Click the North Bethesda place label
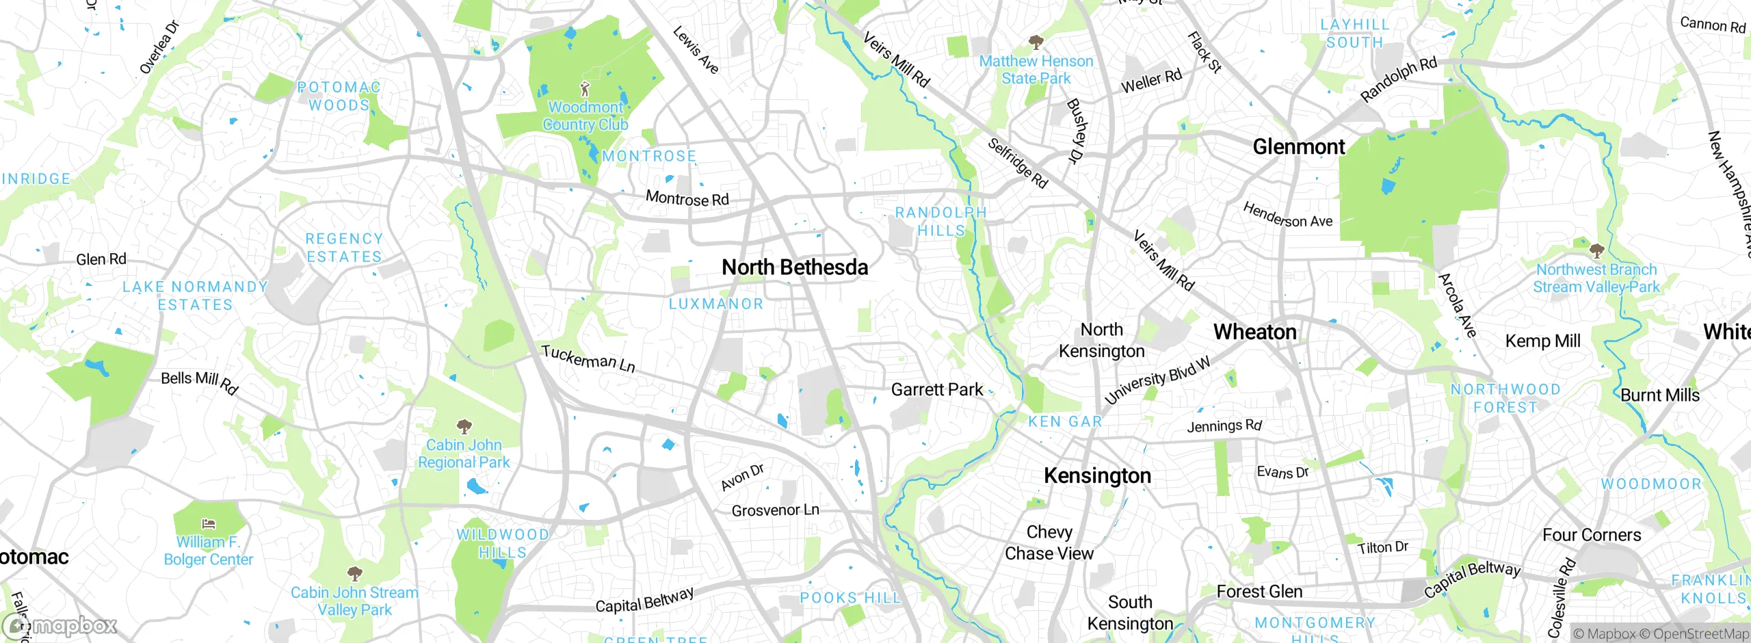(x=795, y=267)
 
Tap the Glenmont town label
(x=1298, y=147)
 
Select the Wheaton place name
(x=1254, y=332)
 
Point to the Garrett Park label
(x=936, y=390)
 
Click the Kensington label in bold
(x=1097, y=475)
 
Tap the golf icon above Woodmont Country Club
(x=584, y=89)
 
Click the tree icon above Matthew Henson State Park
(x=1036, y=42)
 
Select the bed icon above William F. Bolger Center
(x=209, y=525)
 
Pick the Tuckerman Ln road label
(x=588, y=358)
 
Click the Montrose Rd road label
(x=687, y=199)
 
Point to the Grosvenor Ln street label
(x=775, y=510)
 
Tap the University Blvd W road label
(x=1157, y=380)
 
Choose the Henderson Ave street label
(x=1287, y=215)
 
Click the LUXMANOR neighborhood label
(x=715, y=304)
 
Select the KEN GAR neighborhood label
(x=1065, y=422)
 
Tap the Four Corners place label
(x=1591, y=535)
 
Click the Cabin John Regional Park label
(x=464, y=454)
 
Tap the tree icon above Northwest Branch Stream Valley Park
(x=1596, y=250)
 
